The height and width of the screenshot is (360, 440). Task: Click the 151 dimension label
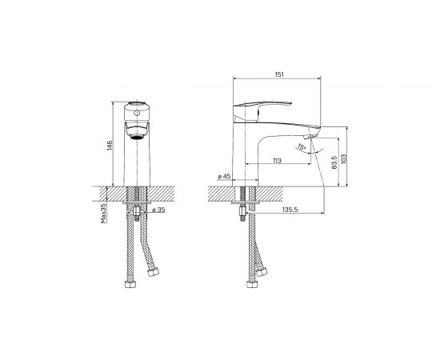[x=279, y=74]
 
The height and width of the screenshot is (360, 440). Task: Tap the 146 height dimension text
[x=109, y=146]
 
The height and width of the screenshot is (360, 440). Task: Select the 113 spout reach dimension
[x=277, y=161]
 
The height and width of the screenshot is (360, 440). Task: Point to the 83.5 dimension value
[x=334, y=162]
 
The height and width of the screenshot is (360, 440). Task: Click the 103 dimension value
[x=344, y=158]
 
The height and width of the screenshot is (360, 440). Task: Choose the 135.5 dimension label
[x=290, y=210]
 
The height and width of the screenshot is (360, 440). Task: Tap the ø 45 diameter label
[x=224, y=176]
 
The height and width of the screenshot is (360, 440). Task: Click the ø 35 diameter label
[x=158, y=210]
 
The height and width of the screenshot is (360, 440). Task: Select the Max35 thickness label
[x=103, y=214]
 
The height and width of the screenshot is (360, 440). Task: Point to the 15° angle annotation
[x=302, y=146]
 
